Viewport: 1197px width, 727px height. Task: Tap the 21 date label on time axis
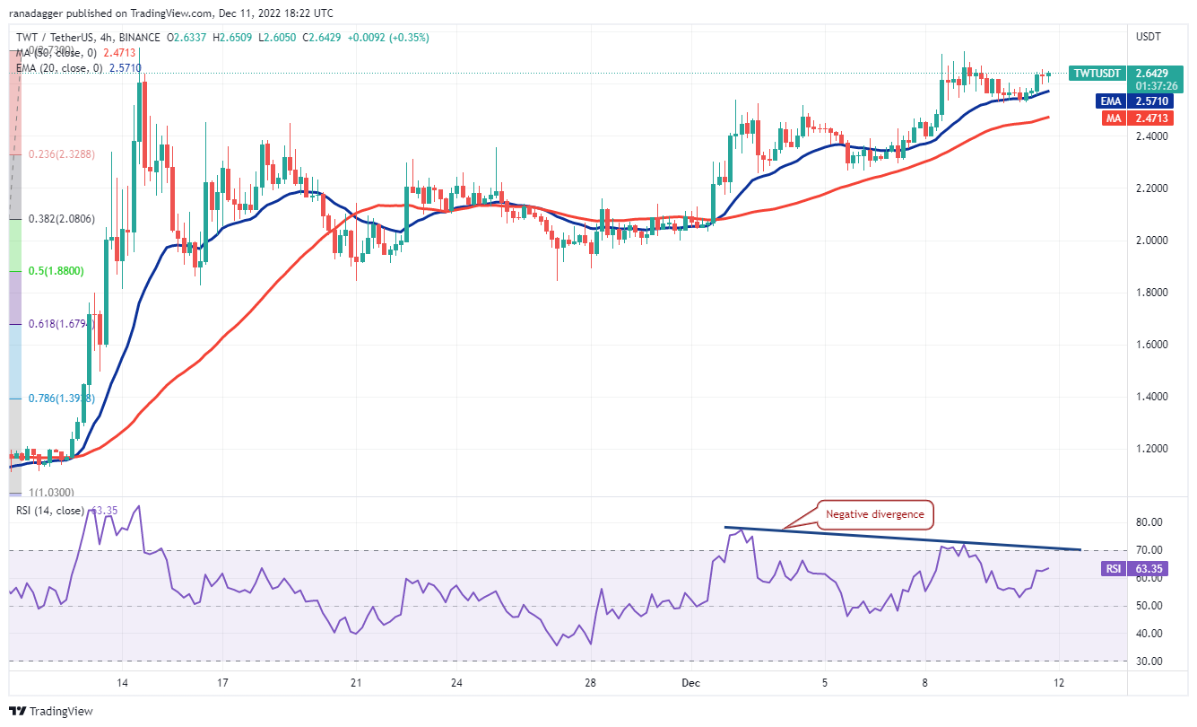(356, 682)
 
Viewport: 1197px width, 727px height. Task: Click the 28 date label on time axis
(590, 682)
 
